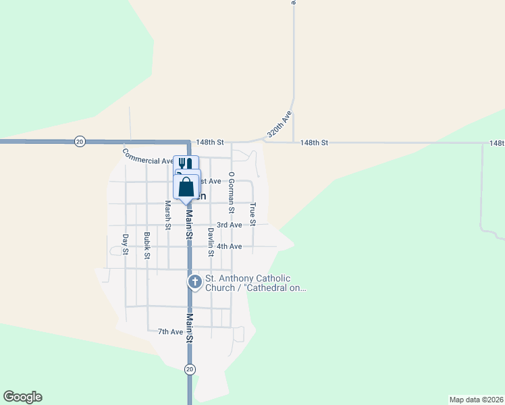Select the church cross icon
coord(194,282)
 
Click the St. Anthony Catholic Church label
coord(257,283)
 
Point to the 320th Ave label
coord(279,125)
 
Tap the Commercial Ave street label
coord(148,157)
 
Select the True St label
coord(253,214)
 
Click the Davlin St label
coord(211,242)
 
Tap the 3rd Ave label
coord(230,225)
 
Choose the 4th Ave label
coord(230,246)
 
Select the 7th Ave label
coord(170,331)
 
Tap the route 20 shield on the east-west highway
coord(80,141)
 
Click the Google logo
coord(22,397)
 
